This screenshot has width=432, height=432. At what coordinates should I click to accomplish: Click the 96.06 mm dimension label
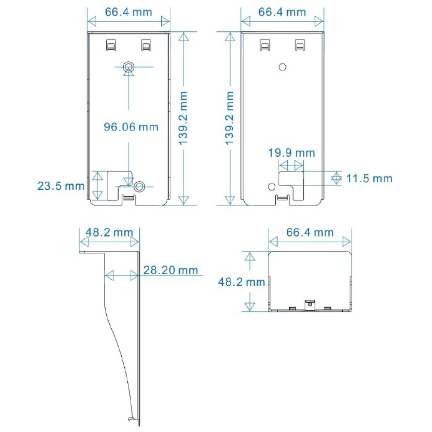click(131, 127)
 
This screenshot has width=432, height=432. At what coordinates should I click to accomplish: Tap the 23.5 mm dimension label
click(61, 186)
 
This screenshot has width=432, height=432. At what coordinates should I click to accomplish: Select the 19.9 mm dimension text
click(292, 153)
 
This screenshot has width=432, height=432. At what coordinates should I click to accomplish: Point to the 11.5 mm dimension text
click(369, 179)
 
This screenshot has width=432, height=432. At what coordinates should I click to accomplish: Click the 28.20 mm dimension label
click(170, 270)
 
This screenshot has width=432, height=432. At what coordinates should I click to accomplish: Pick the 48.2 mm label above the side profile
click(109, 232)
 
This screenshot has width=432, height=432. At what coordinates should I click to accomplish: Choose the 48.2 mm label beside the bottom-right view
click(242, 282)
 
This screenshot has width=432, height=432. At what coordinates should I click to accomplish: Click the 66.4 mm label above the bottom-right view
click(310, 232)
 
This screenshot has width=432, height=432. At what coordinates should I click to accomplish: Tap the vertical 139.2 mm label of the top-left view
click(183, 119)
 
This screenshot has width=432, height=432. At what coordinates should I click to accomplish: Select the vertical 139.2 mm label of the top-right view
click(230, 119)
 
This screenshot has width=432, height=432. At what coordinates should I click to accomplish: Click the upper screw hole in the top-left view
click(129, 66)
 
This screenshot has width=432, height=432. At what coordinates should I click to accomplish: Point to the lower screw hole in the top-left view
click(139, 187)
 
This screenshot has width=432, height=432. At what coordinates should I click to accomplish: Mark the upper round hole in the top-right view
click(282, 67)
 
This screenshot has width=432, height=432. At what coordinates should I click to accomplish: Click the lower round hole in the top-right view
click(272, 187)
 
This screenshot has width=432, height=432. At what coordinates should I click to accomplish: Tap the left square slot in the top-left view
click(111, 45)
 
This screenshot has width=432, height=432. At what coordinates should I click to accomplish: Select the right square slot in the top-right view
click(300, 45)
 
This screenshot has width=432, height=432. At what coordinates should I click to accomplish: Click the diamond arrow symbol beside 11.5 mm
click(336, 179)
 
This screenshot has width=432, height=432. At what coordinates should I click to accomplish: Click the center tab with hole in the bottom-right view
click(310, 305)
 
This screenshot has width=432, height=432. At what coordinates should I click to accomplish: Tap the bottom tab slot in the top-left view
click(129, 197)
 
